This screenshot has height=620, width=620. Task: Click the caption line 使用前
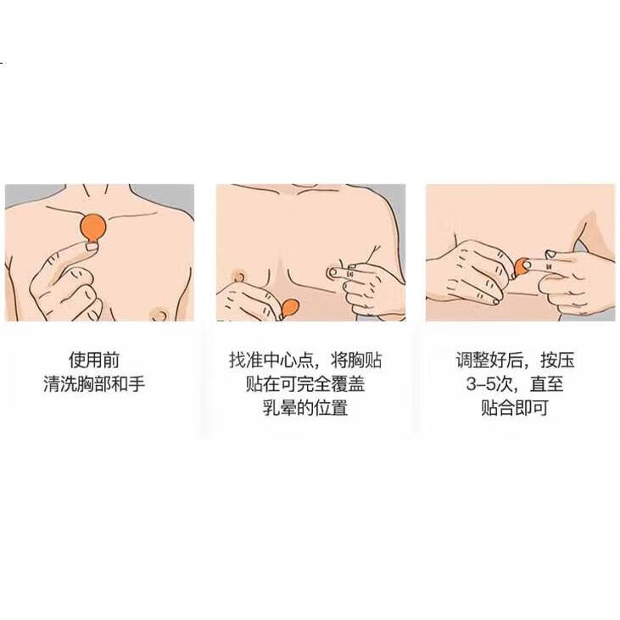pyautogui.click(x=94, y=360)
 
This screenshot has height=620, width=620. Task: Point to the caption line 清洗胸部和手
pyautogui.click(x=94, y=383)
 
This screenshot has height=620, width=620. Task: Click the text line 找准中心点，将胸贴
pyautogui.click(x=305, y=360)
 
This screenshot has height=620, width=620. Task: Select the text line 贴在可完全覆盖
pyautogui.click(x=305, y=383)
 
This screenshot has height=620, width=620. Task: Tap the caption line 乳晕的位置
pyautogui.click(x=305, y=407)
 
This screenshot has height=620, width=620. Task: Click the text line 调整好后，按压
pyautogui.click(x=515, y=360)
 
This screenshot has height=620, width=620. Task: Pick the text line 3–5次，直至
pyautogui.click(x=515, y=383)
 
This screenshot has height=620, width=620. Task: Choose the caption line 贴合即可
pyautogui.click(x=515, y=407)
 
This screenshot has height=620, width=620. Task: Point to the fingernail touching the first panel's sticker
pyautogui.click(x=92, y=247)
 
